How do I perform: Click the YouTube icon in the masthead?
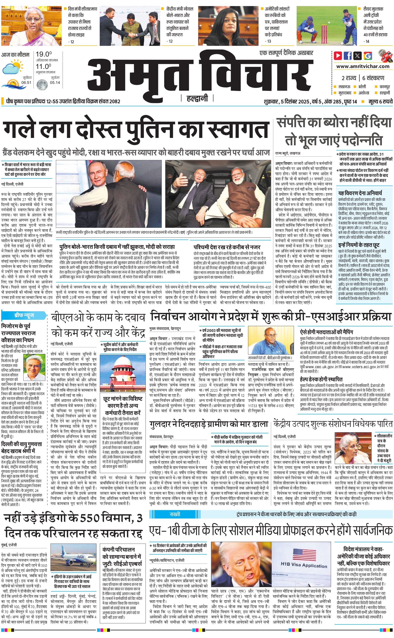338,56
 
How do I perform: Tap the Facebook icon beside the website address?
348,56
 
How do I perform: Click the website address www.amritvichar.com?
363,66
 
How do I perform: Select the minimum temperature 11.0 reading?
43,66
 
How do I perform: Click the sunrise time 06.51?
26,82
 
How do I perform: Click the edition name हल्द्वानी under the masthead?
197,98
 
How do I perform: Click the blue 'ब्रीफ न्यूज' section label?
24,315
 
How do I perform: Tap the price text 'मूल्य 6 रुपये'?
380,101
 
